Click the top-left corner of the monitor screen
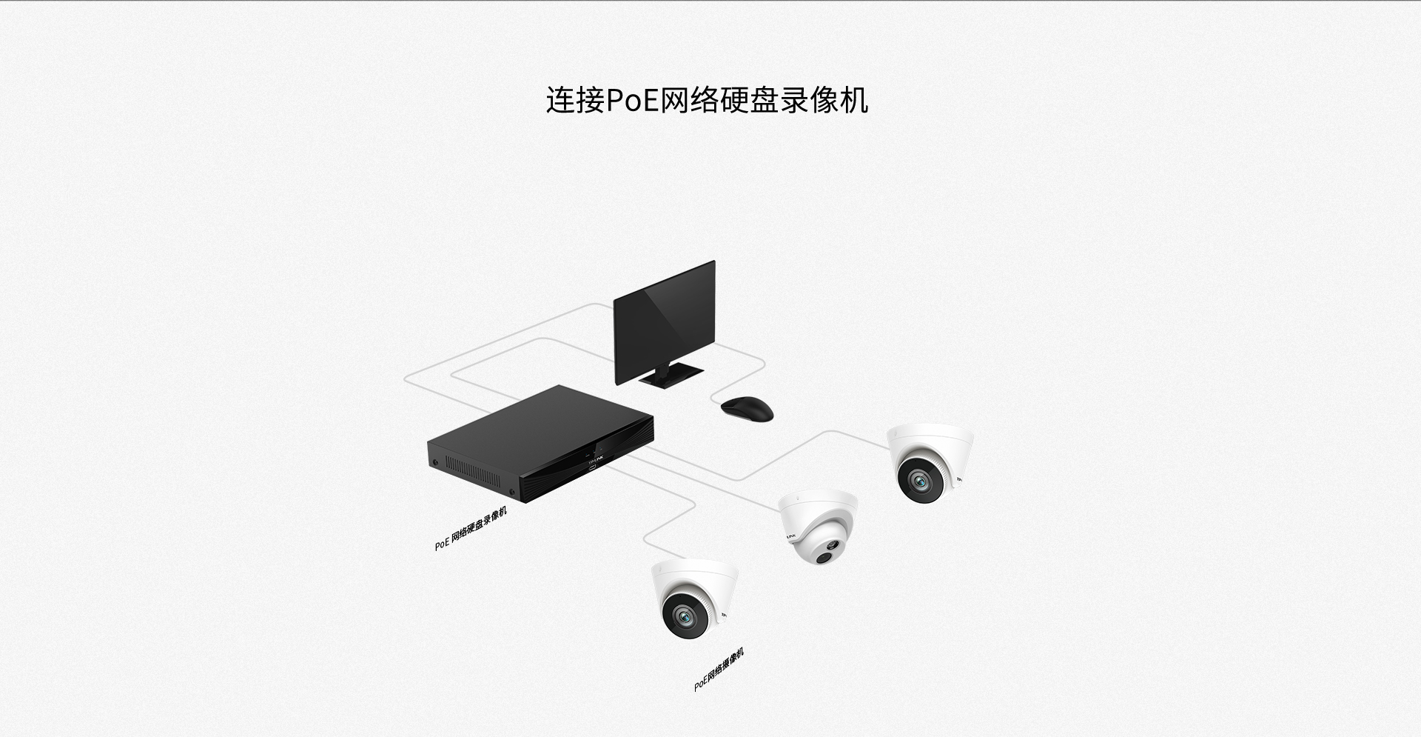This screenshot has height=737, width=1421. tap(615, 301)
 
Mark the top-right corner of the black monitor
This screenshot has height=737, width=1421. tap(715, 260)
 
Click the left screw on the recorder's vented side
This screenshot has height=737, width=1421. tap(435, 462)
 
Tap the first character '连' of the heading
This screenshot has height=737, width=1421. tap(560, 100)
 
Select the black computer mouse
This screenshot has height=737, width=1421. tap(748, 409)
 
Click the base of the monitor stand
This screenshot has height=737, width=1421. tap(671, 376)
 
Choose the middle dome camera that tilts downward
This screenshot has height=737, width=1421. tap(818, 527)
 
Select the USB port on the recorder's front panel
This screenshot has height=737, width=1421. tap(594, 468)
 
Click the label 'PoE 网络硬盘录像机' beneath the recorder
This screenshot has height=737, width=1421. tap(471, 529)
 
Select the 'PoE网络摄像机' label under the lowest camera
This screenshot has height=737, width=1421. tap(719, 670)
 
